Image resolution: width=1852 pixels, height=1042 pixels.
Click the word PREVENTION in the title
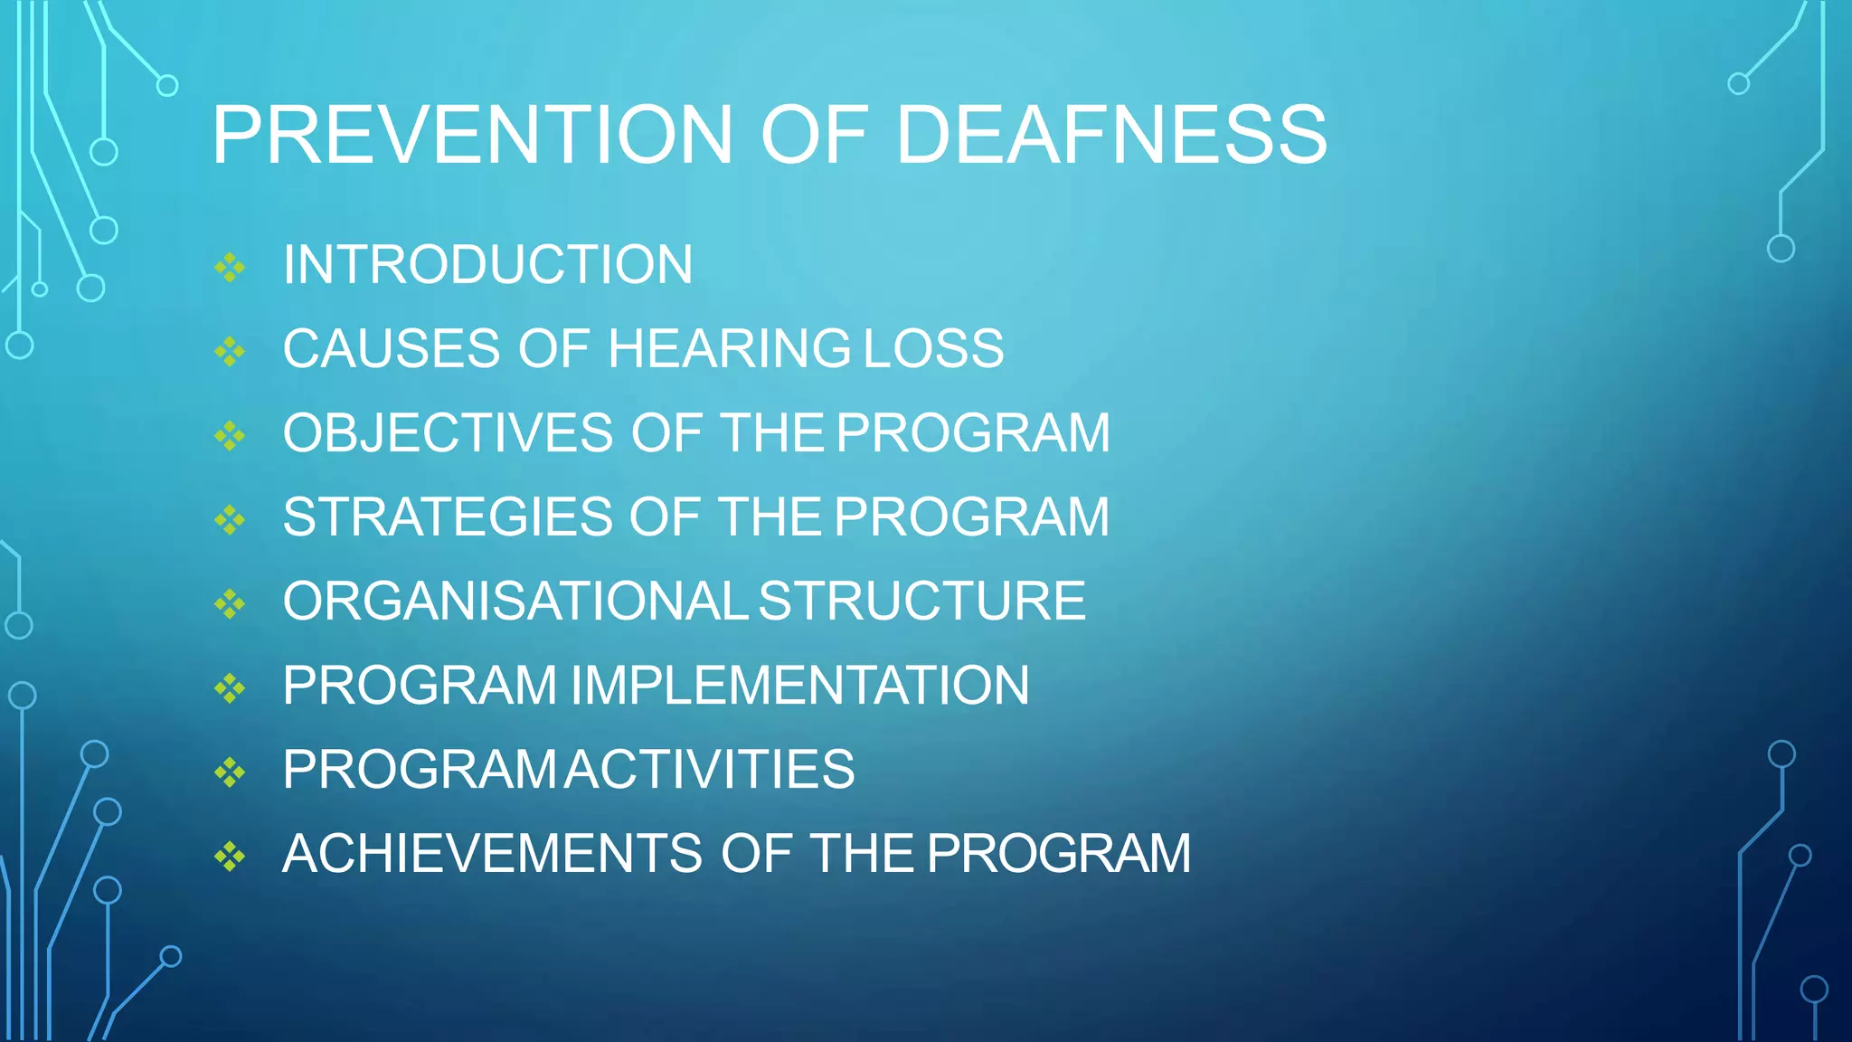tap(472, 136)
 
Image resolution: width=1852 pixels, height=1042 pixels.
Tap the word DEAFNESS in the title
tap(1111, 136)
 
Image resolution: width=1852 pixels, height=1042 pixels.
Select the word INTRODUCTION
tap(487, 265)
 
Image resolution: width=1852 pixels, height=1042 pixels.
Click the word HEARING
tap(729, 349)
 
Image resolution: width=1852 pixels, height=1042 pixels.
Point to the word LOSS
tap(933, 349)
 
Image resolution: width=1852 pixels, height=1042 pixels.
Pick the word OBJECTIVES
tap(448, 433)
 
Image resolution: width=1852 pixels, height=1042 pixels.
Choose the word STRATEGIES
tap(448, 517)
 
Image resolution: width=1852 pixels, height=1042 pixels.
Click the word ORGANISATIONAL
tap(515, 602)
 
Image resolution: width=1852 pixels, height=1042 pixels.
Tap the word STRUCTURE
tap(921, 602)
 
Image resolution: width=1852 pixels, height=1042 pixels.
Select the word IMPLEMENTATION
tap(800, 686)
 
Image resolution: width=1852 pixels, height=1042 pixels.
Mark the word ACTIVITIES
tap(711, 770)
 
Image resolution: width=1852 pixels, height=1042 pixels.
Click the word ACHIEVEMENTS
tap(492, 854)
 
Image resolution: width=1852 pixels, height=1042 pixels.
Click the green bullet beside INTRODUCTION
tap(230, 268)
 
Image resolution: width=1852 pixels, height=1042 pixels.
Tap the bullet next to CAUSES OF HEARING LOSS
tap(230, 352)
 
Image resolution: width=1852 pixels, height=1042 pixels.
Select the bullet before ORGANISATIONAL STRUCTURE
tap(230, 604)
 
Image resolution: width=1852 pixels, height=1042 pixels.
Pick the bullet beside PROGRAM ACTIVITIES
tap(230, 772)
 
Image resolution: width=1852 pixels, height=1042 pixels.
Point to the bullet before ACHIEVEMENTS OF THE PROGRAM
tap(230, 857)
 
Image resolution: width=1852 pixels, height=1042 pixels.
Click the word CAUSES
tap(392, 349)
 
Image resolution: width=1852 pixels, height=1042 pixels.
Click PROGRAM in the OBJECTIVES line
tap(973, 433)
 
